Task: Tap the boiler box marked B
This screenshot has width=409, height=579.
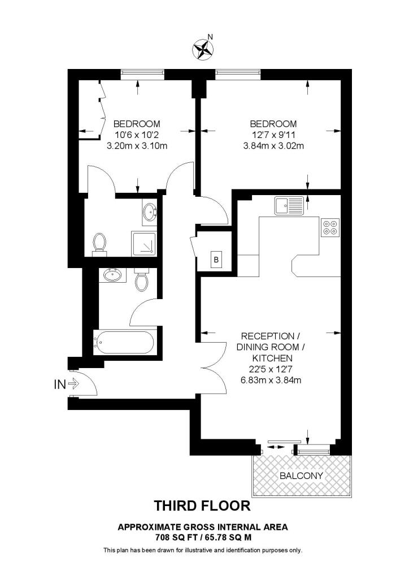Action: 216,260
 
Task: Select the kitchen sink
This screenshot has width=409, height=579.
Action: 289,206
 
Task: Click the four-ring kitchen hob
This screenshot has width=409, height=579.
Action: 330,227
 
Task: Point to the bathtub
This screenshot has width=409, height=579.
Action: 123,342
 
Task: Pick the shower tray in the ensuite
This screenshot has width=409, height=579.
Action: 145,243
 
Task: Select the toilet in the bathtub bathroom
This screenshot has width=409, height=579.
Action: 142,280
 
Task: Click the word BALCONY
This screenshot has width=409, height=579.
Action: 302,476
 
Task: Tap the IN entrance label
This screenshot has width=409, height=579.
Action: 59,384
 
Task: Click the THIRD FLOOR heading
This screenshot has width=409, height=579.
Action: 202,504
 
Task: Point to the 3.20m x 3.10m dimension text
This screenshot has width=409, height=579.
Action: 137,145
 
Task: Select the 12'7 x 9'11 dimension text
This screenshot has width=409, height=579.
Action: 273,135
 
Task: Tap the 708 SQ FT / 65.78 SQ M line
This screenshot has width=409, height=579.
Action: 202,537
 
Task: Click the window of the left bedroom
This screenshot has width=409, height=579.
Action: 142,72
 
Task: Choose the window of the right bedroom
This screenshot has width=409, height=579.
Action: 237,72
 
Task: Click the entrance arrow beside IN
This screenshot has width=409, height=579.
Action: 74,384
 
